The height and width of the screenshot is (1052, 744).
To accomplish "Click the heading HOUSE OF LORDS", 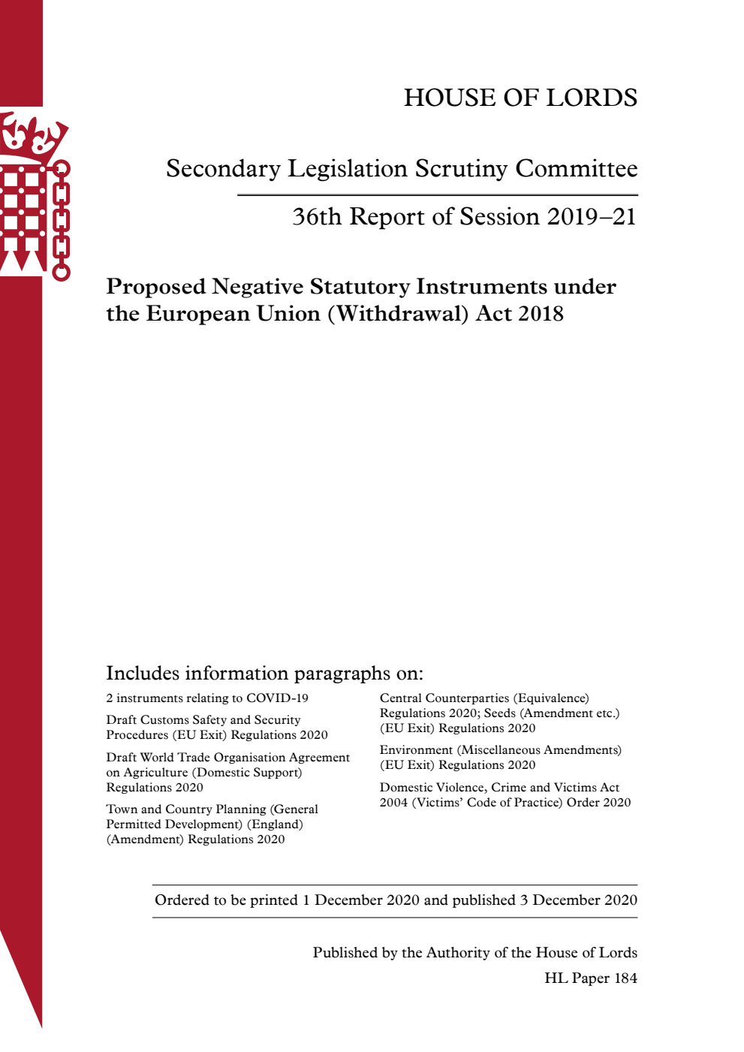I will point(520,98).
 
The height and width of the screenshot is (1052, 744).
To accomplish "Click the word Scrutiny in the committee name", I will point(461,169).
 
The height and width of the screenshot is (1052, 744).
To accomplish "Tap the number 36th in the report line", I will point(316,217).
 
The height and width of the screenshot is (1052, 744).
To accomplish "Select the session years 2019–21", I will point(592,217).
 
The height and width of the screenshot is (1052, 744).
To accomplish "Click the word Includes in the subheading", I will point(143,673).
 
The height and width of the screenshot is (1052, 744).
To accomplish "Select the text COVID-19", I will point(277,698).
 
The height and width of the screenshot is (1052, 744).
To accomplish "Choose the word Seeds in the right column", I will point(499,713).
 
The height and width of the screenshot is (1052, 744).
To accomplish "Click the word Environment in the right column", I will point(416,750).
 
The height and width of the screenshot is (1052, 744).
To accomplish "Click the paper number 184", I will point(625,978).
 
